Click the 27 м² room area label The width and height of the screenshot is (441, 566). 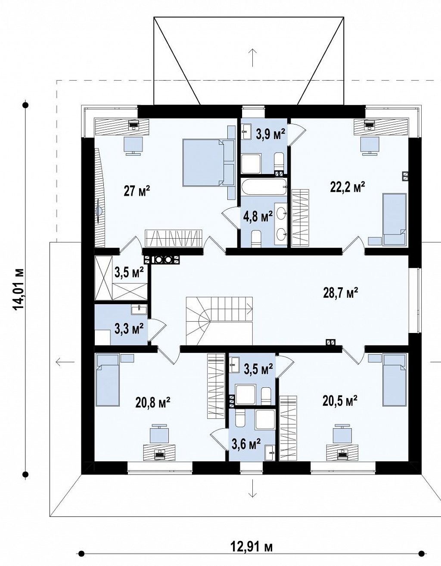click(137, 191)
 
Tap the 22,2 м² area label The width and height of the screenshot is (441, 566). click(348, 187)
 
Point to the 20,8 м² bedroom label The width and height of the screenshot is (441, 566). click(153, 403)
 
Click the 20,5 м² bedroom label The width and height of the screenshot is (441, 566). click(340, 400)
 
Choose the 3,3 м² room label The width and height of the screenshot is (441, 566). click(129, 329)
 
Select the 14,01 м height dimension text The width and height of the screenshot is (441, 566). click(19, 289)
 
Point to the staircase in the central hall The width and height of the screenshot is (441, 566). click(219, 320)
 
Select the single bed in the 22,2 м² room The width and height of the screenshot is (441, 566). click(394, 219)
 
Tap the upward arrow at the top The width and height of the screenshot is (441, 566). click(252, 58)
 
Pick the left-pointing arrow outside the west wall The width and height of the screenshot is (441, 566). click(65, 362)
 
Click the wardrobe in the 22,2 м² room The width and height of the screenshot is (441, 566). click(300, 218)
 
